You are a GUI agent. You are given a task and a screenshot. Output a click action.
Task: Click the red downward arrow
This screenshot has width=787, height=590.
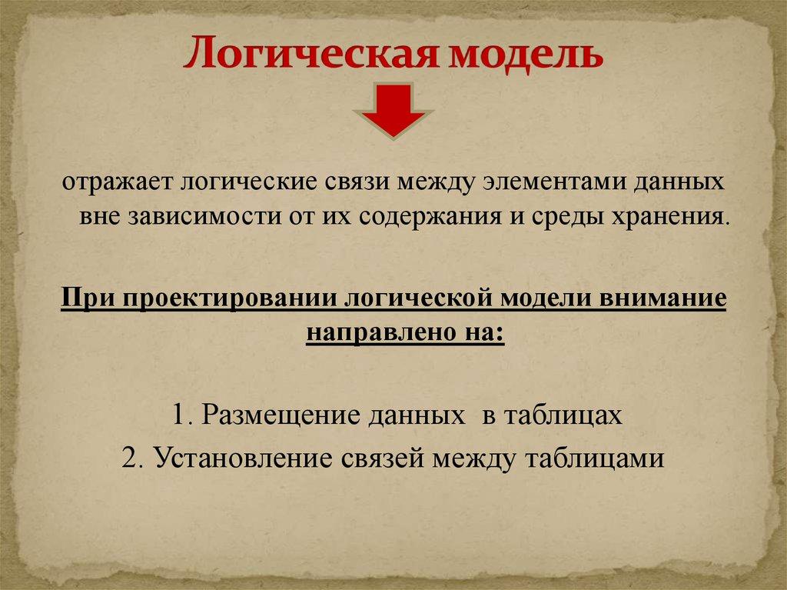point(393,111)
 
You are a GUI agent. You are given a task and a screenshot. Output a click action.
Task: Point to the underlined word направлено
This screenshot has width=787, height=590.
point(373,333)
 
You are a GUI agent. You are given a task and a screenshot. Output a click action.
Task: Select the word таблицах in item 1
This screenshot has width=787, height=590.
point(562,415)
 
